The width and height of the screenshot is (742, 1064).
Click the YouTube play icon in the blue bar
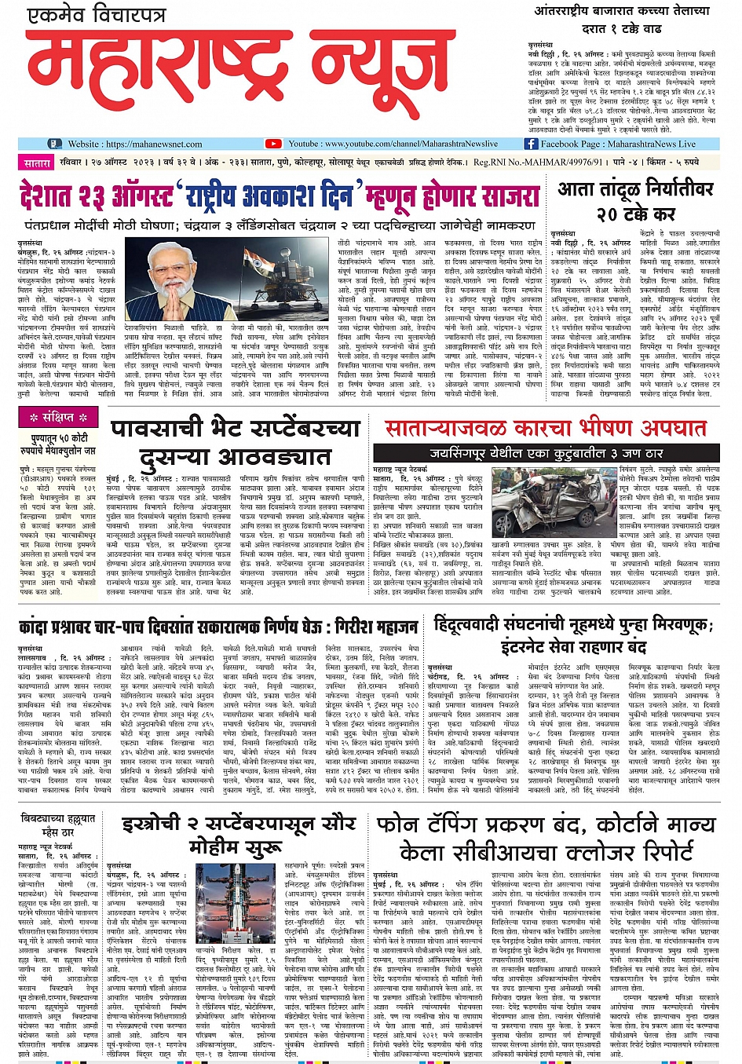(272, 144)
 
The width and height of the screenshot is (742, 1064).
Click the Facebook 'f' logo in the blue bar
(531, 144)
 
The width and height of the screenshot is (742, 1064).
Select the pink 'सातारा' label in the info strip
(36, 163)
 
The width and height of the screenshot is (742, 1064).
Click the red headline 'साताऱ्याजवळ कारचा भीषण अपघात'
(545, 428)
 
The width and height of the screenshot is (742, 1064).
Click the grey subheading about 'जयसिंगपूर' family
(546, 453)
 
